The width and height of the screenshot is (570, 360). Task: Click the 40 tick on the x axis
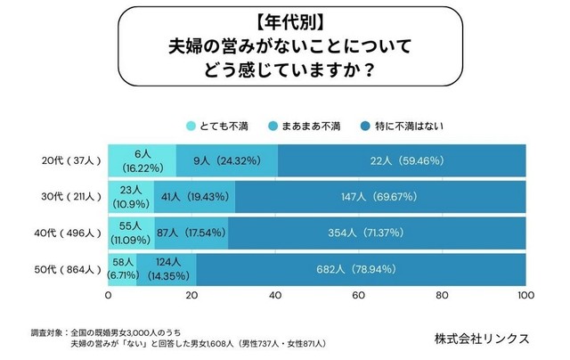click(275, 295)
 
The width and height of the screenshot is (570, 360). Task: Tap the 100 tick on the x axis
click(525, 295)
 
